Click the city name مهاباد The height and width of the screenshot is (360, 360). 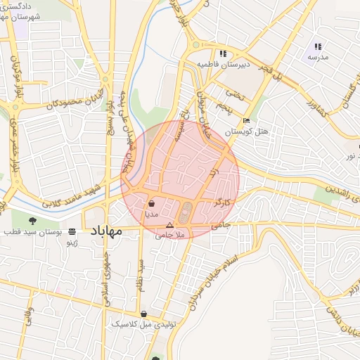(x=106, y=231)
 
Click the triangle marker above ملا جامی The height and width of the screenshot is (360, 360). (x=169, y=225)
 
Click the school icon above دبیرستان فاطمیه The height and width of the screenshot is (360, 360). (x=223, y=53)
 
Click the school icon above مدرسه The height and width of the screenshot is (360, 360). (x=318, y=46)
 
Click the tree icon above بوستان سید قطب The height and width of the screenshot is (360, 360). (x=32, y=222)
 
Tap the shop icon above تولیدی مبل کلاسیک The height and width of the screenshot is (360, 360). (x=144, y=314)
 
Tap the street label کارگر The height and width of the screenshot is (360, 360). (x=223, y=202)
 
